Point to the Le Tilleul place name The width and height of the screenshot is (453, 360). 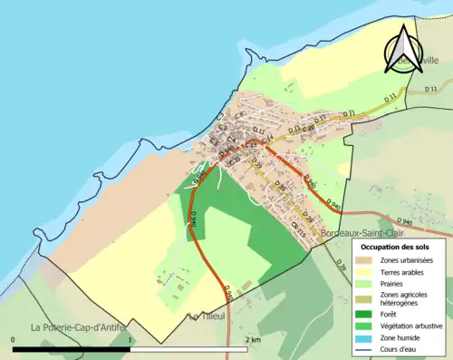point(206,316)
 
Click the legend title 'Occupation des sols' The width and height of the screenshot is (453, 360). point(396,247)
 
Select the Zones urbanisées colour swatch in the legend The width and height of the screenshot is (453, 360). point(366,260)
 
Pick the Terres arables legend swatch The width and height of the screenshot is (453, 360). point(366,272)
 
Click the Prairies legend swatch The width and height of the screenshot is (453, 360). point(366,284)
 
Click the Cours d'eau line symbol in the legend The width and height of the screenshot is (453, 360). point(366,348)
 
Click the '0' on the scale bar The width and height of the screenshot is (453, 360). point(14,339)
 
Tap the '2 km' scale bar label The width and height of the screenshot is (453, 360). point(253,339)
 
